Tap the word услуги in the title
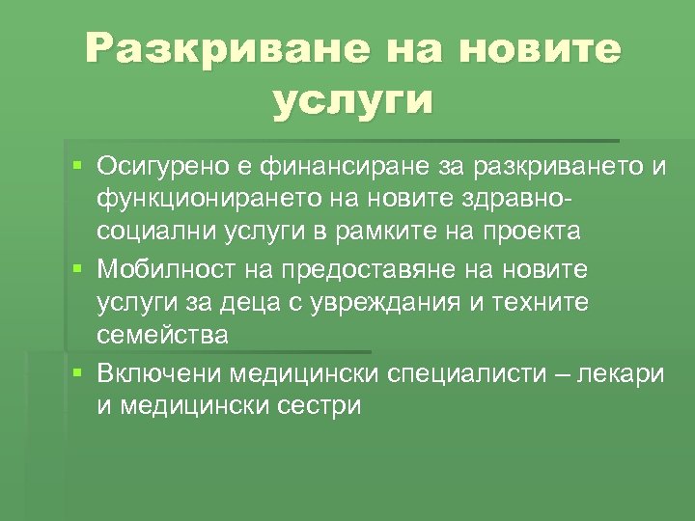pos(353,100)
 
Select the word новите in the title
pos(535,48)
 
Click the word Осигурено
pos(167,168)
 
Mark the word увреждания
pos(354,303)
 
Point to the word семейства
pos(162,335)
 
